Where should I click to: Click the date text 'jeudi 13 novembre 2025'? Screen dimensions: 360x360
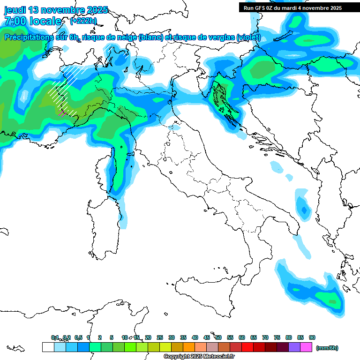tap(56, 10)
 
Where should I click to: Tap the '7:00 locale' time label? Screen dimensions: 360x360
tap(33, 21)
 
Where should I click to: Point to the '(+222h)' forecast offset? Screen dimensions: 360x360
tap(83, 21)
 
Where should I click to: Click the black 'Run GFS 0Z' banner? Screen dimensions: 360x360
tap(292, 8)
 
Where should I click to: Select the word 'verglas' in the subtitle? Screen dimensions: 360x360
tap(220, 37)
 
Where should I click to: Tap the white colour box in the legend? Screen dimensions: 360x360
tap(48, 347)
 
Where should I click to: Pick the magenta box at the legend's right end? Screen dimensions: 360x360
tap(306, 347)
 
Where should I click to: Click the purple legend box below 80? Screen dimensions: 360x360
tap(294, 347)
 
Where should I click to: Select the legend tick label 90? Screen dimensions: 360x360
tap(312, 337)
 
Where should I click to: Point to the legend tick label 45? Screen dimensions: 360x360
tap(207, 337)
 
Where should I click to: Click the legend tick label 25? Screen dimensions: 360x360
tap(160, 337)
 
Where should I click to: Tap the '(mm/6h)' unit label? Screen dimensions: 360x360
tap(327, 348)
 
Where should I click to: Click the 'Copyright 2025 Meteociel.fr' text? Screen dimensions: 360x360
tap(199, 356)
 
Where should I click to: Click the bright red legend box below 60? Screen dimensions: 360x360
tap(247, 347)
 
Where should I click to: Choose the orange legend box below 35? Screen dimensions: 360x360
tap(189, 347)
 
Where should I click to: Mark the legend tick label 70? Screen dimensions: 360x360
tap(265, 337)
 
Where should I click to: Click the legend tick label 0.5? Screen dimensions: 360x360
tap(78, 337)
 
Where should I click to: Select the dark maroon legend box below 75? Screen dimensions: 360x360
tap(271, 347)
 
